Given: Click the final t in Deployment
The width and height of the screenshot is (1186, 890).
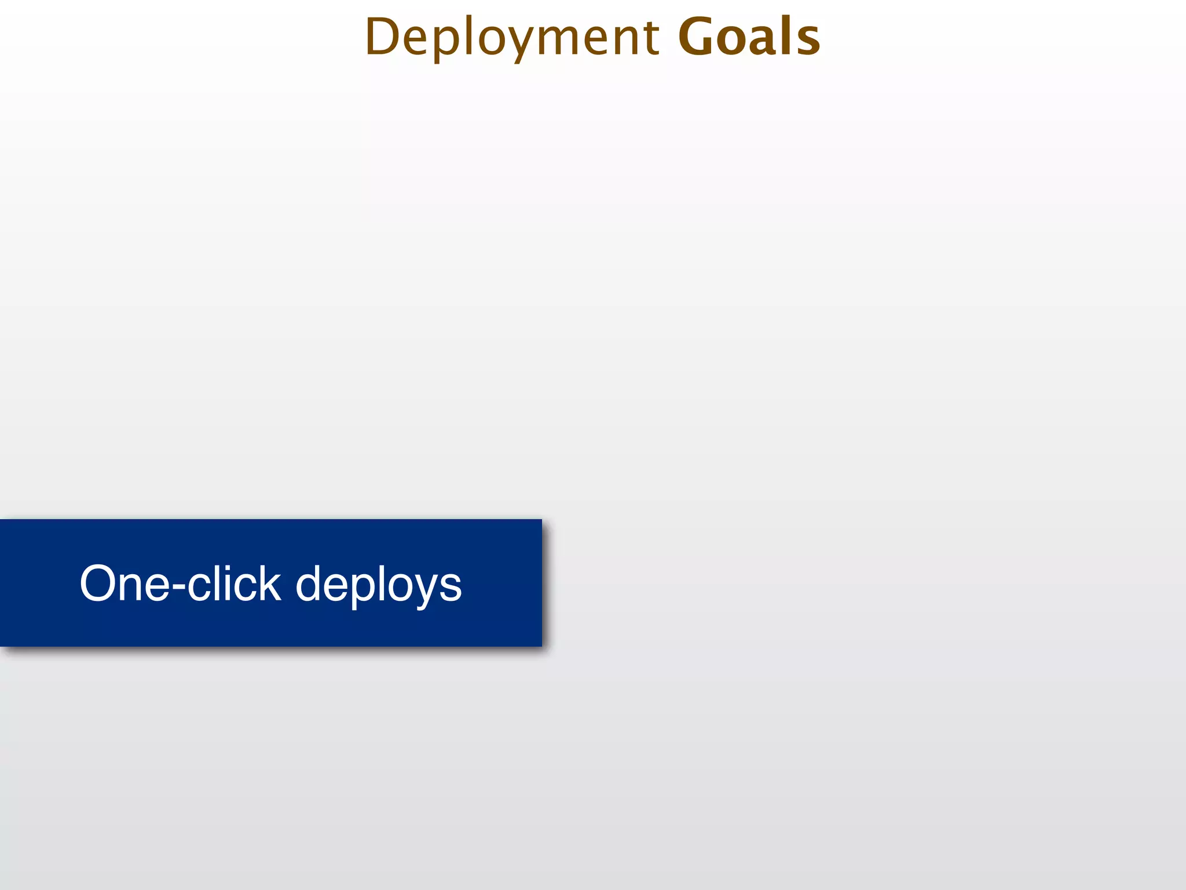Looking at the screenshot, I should point(651,38).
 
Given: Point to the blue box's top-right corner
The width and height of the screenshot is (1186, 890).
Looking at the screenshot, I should point(541,520).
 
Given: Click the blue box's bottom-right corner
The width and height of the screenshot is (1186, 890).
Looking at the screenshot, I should point(541,646).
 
